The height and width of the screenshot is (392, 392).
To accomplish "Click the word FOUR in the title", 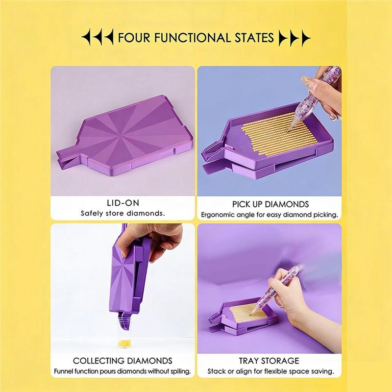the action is [x=134, y=38].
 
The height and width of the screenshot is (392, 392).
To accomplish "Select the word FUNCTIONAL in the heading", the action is [x=192, y=38].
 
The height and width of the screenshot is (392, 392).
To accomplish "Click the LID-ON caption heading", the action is [x=123, y=203].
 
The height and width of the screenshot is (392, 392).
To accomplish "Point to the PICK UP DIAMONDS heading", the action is [x=270, y=204].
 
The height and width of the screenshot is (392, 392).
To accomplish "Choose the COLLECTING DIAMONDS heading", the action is [x=122, y=361].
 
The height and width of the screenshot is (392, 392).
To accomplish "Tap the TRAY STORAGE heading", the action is [x=269, y=361].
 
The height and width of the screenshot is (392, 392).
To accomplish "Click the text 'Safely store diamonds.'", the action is [x=123, y=214].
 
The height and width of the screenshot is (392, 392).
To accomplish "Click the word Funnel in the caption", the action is [x=62, y=371].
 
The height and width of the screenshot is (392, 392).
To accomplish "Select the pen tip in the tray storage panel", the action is [x=251, y=314].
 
